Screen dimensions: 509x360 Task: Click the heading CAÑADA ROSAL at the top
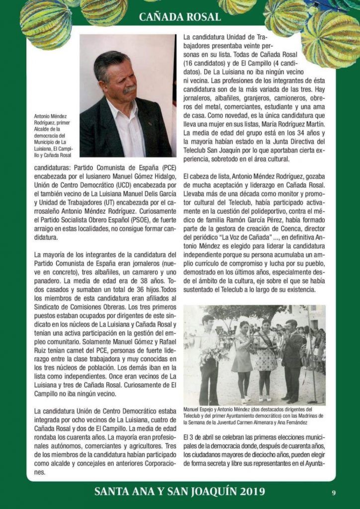click(180, 17)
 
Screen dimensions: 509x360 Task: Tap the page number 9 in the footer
click(334, 493)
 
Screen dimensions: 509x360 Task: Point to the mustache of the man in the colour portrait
click(130, 89)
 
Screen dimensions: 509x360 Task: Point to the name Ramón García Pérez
click(250, 222)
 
